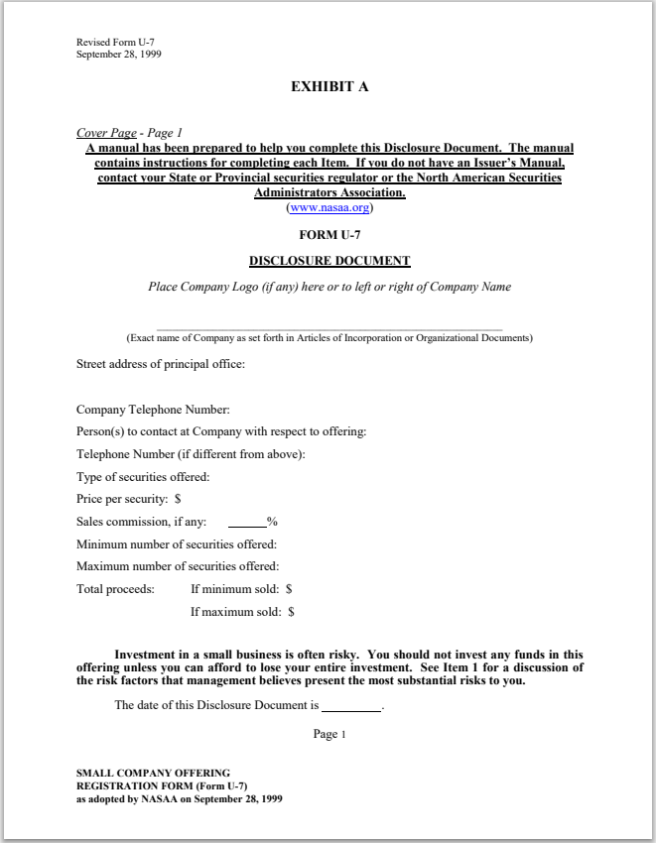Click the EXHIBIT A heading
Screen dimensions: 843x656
point(328,87)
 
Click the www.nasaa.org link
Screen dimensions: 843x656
point(328,208)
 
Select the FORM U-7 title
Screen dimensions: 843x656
point(328,235)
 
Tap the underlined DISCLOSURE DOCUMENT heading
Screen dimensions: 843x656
point(328,261)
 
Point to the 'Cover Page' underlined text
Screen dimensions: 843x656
point(106,133)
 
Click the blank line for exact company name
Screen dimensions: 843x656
point(328,327)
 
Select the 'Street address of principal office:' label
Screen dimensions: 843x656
point(161,364)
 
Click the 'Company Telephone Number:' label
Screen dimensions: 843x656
point(153,410)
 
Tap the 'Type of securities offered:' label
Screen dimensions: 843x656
point(143,477)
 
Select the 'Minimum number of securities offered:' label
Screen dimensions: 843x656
point(177,544)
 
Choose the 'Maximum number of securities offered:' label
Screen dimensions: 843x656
point(178,567)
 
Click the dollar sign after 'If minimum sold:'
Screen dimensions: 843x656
point(289,589)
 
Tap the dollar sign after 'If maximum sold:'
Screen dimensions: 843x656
point(291,612)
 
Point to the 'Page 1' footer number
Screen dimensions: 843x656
point(328,735)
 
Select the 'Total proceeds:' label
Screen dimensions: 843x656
point(115,589)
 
